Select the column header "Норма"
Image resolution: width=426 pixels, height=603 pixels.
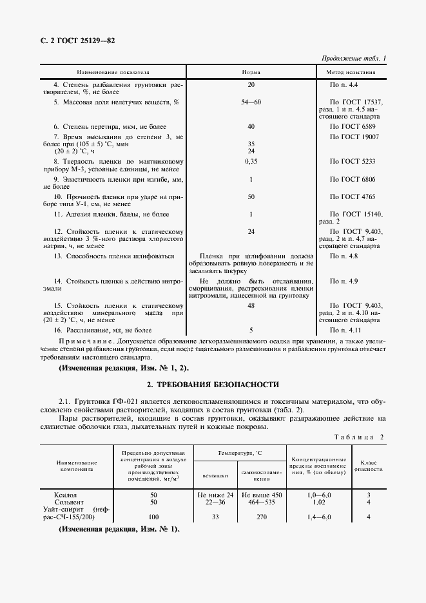pyautogui.click(x=251, y=72)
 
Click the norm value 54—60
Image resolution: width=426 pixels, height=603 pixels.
pyautogui.click(x=251, y=102)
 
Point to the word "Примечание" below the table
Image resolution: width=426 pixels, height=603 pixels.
pyautogui.click(x=83, y=340)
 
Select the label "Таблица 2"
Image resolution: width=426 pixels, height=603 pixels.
pyautogui.click(x=359, y=437)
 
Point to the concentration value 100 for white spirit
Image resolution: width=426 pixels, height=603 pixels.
pyautogui.click(x=153, y=516)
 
